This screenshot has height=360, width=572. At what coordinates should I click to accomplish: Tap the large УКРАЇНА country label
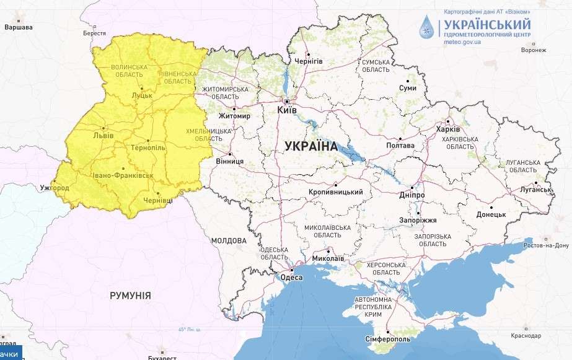pyautogui.click(x=311, y=147)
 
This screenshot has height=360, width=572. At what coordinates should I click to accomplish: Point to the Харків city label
pyautogui.click(x=448, y=130)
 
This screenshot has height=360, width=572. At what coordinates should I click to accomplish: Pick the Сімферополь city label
pyautogui.click(x=387, y=340)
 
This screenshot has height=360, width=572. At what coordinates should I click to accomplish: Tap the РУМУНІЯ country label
pyautogui.click(x=130, y=296)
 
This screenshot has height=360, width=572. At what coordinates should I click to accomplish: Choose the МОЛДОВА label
pyautogui.click(x=229, y=240)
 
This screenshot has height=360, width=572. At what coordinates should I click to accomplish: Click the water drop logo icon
pyautogui.click(x=428, y=27)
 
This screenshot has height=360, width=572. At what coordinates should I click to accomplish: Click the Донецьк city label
pyautogui.click(x=491, y=214)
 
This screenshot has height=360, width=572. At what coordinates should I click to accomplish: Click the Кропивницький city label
pyautogui.click(x=335, y=192)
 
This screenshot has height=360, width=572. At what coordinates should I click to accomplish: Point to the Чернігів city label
pyautogui.click(x=309, y=61)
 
